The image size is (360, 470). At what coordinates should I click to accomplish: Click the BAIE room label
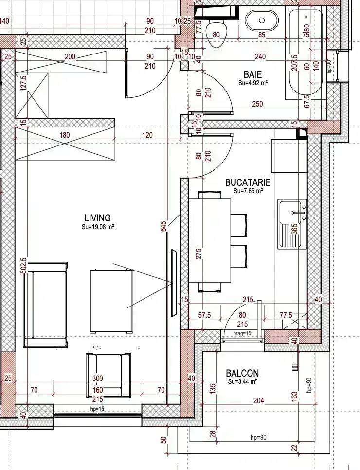(x=252, y=74)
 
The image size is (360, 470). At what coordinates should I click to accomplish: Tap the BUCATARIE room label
(x=248, y=182)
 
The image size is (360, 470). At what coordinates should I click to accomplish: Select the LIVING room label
(x=97, y=217)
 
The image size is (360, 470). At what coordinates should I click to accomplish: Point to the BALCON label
(x=242, y=373)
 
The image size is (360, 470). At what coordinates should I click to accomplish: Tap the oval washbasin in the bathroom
(x=262, y=20)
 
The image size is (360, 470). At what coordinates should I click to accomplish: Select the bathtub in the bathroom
(x=305, y=54)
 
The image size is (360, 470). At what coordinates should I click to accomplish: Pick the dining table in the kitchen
(x=210, y=240)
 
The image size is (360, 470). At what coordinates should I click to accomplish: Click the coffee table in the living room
(x=111, y=301)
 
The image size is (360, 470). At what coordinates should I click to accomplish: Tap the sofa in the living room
(x=46, y=305)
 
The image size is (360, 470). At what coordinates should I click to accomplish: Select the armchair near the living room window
(x=109, y=376)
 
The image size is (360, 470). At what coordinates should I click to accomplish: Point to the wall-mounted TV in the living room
(x=174, y=283)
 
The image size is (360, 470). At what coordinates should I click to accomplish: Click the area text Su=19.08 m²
(x=98, y=227)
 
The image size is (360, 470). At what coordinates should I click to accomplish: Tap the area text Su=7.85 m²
(x=248, y=191)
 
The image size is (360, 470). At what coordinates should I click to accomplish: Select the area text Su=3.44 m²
(x=242, y=381)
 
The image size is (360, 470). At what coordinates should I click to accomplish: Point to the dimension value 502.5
(x=24, y=266)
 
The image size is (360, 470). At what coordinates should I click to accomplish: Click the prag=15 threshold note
(x=242, y=333)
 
